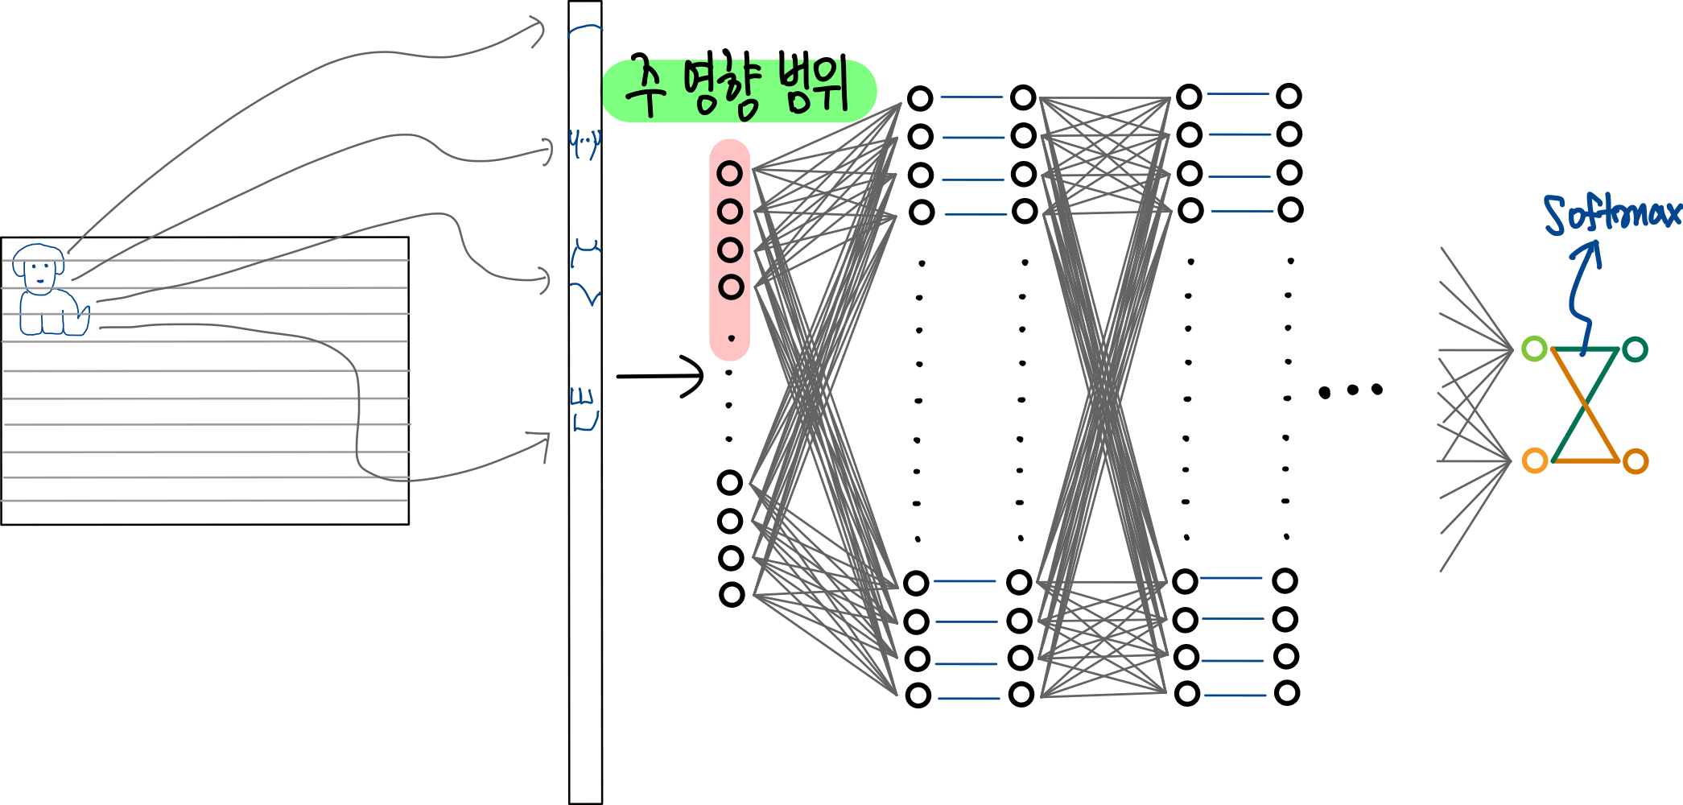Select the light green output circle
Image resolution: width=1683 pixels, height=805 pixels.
click(x=1534, y=349)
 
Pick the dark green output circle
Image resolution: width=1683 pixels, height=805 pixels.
click(x=1635, y=349)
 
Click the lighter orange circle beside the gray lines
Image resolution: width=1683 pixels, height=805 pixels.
click(x=1535, y=461)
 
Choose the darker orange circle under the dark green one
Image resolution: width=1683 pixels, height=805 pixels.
click(x=1635, y=461)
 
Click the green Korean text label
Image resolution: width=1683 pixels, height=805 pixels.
click(x=738, y=90)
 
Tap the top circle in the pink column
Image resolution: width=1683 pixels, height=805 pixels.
click(x=730, y=173)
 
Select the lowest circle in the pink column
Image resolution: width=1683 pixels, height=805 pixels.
click(x=731, y=287)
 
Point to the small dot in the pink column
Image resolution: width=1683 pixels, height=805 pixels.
click(x=731, y=337)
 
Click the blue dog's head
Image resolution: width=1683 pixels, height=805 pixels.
click(x=39, y=264)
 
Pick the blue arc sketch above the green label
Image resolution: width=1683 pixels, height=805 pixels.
click(x=585, y=31)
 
